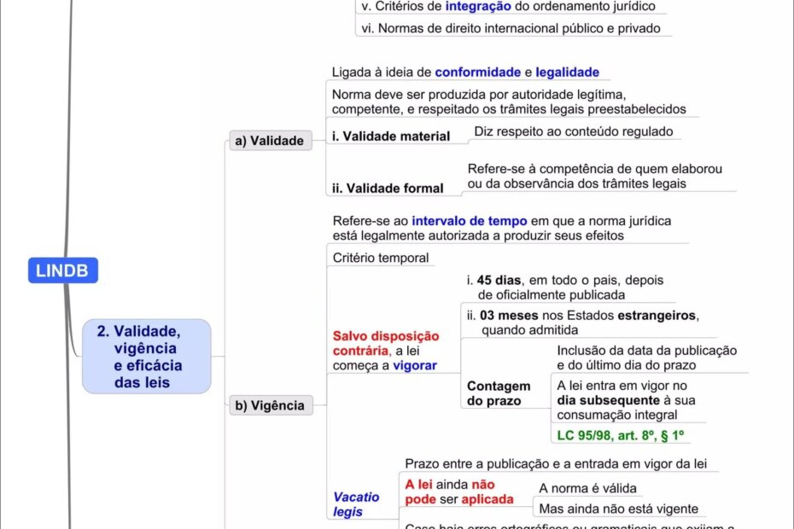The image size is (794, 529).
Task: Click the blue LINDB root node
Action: (x=63, y=270)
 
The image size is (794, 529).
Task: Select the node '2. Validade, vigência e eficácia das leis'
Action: (x=146, y=357)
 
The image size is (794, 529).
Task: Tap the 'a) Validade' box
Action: (x=271, y=141)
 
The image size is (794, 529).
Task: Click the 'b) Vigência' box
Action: (x=271, y=405)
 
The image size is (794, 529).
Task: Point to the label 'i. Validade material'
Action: (x=390, y=137)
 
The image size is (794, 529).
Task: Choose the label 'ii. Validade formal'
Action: (x=388, y=188)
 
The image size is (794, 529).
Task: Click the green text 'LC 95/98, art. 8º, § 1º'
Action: (x=622, y=436)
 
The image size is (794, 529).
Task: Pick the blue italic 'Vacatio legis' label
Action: (x=356, y=503)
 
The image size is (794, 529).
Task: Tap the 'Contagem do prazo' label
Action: (x=499, y=393)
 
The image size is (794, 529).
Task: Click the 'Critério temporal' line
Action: (x=381, y=258)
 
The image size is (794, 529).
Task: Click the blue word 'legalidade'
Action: (x=567, y=73)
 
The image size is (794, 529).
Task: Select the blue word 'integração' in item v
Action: (x=478, y=7)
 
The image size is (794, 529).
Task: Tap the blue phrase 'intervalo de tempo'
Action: (x=470, y=220)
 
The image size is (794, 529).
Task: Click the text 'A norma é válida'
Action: (x=587, y=488)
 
